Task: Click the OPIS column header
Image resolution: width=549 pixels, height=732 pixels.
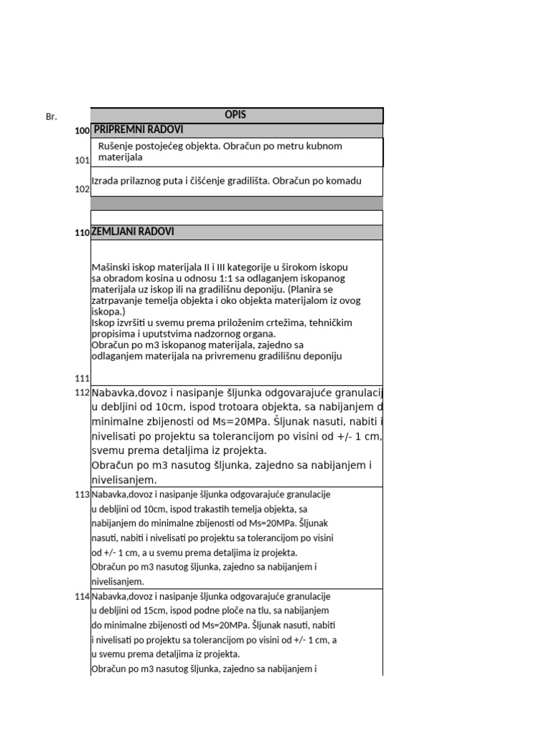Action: click(x=236, y=115)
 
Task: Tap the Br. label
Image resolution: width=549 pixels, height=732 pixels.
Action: click(x=51, y=117)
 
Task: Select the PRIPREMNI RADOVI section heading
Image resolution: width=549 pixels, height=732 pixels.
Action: click(x=138, y=130)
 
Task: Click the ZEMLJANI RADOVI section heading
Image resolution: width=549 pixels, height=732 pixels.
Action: click(x=133, y=232)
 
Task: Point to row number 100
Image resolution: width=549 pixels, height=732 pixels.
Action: click(x=81, y=132)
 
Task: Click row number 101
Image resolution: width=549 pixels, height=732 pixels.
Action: click(x=81, y=161)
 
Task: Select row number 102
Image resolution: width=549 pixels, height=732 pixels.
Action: click(x=81, y=189)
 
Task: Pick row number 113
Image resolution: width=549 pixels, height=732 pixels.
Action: click(x=81, y=495)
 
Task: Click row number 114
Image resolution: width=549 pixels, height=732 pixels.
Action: click(x=81, y=597)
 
